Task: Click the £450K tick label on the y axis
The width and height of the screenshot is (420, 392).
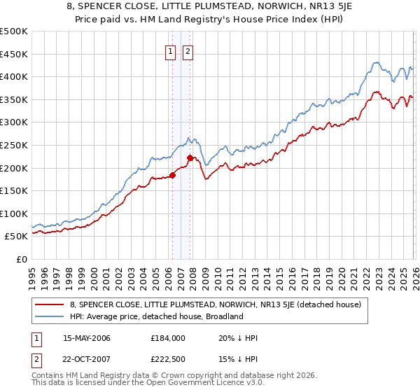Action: pos(14,55)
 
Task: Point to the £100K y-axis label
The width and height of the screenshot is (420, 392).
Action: pos(14,213)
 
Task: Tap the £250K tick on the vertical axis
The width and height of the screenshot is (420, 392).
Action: pos(14,145)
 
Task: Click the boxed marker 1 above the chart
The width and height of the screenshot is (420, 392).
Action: pos(171,50)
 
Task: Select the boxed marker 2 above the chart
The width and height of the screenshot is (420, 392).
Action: pos(189,50)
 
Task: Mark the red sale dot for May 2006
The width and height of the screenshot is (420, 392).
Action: pos(172,175)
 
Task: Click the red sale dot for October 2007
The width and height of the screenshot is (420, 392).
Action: pos(190,157)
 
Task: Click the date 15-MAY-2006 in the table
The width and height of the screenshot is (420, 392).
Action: pos(87,338)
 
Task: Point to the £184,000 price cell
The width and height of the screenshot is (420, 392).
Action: pos(167,338)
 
